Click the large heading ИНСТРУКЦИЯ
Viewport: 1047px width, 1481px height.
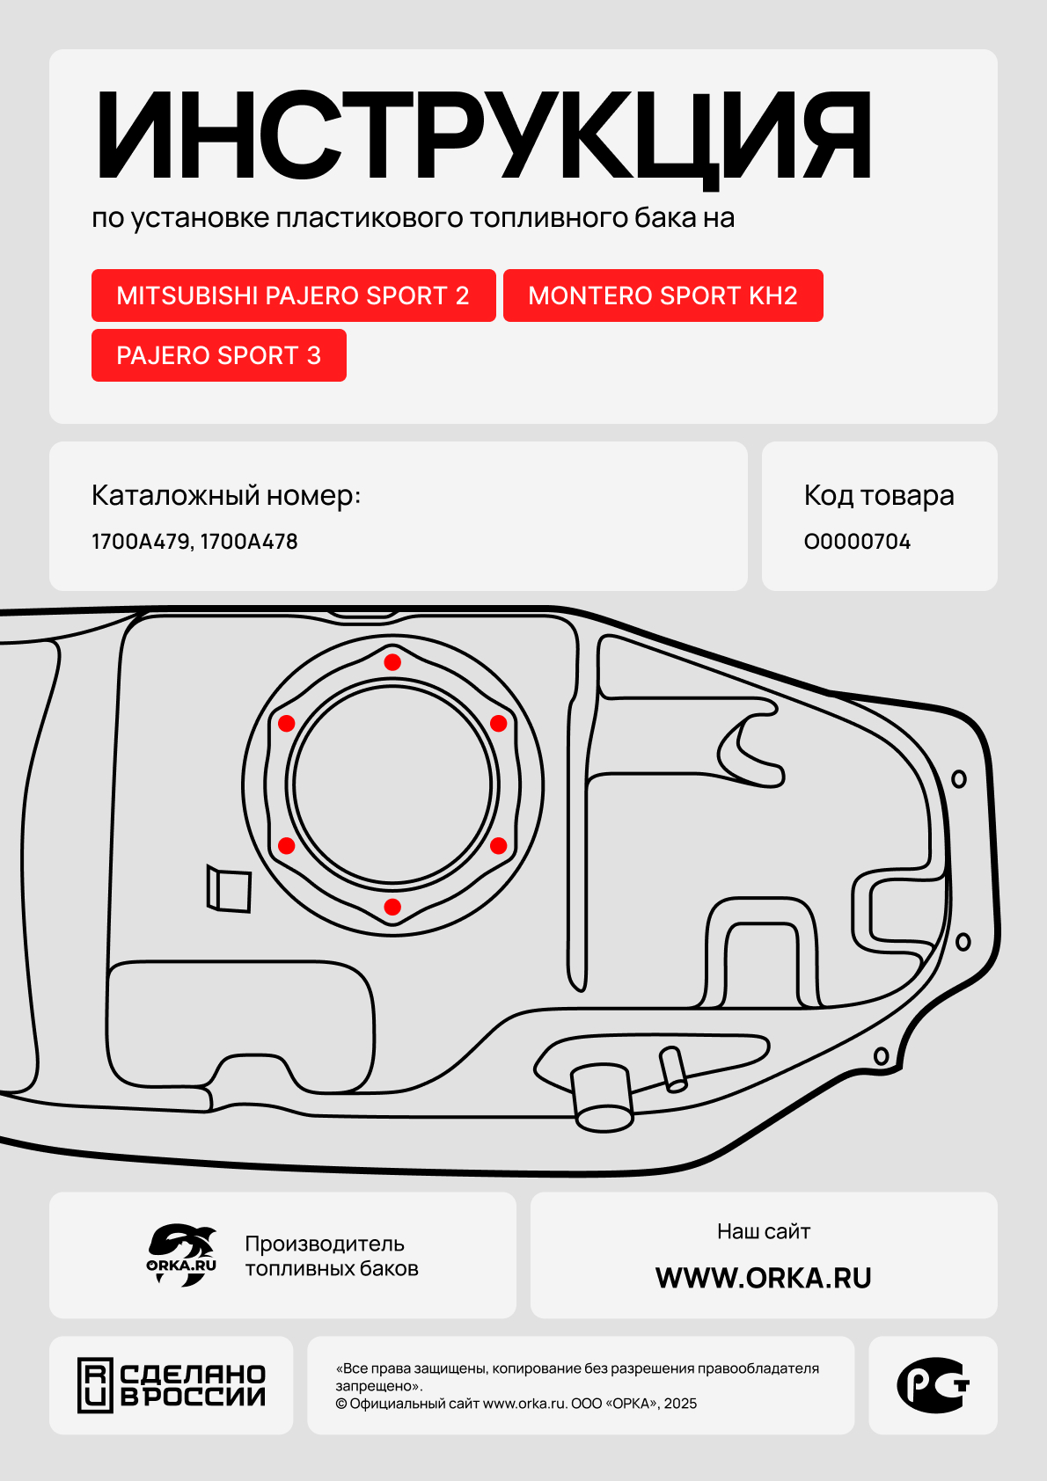click(x=482, y=135)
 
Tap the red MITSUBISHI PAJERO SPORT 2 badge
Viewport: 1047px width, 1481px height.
click(x=293, y=295)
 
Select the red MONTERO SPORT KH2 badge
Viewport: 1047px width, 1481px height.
click(x=663, y=295)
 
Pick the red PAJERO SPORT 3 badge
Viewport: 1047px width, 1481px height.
click(x=218, y=355)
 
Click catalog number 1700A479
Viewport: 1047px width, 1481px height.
click(x=141, y=542)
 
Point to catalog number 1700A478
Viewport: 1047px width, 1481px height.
click(x=249, y=542)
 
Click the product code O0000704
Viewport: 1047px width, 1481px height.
click(x=857, y=542)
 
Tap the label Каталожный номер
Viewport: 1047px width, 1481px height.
click(x=226, y=496)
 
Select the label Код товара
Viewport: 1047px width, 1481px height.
click(x=878, y=496)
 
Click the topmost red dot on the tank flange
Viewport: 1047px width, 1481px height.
click(x=392, y=662)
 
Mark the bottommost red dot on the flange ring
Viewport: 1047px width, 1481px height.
click(x=392, y=907)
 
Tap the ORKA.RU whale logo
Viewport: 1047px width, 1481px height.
click(x=181, y=1255)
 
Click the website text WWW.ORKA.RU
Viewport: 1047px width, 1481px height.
click(x=763, y=1278)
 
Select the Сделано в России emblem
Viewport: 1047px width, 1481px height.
click(x=172, y=1385)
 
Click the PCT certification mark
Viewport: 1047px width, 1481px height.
click(x=933, y=1385)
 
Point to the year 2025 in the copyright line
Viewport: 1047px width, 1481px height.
click(x=680, y=1404)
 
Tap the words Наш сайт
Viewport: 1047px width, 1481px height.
click(x=763, y=1231)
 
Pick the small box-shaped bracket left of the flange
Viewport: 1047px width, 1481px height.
click(x=229, y=889)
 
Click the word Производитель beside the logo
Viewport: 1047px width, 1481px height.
click(x=324, y=1244)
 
